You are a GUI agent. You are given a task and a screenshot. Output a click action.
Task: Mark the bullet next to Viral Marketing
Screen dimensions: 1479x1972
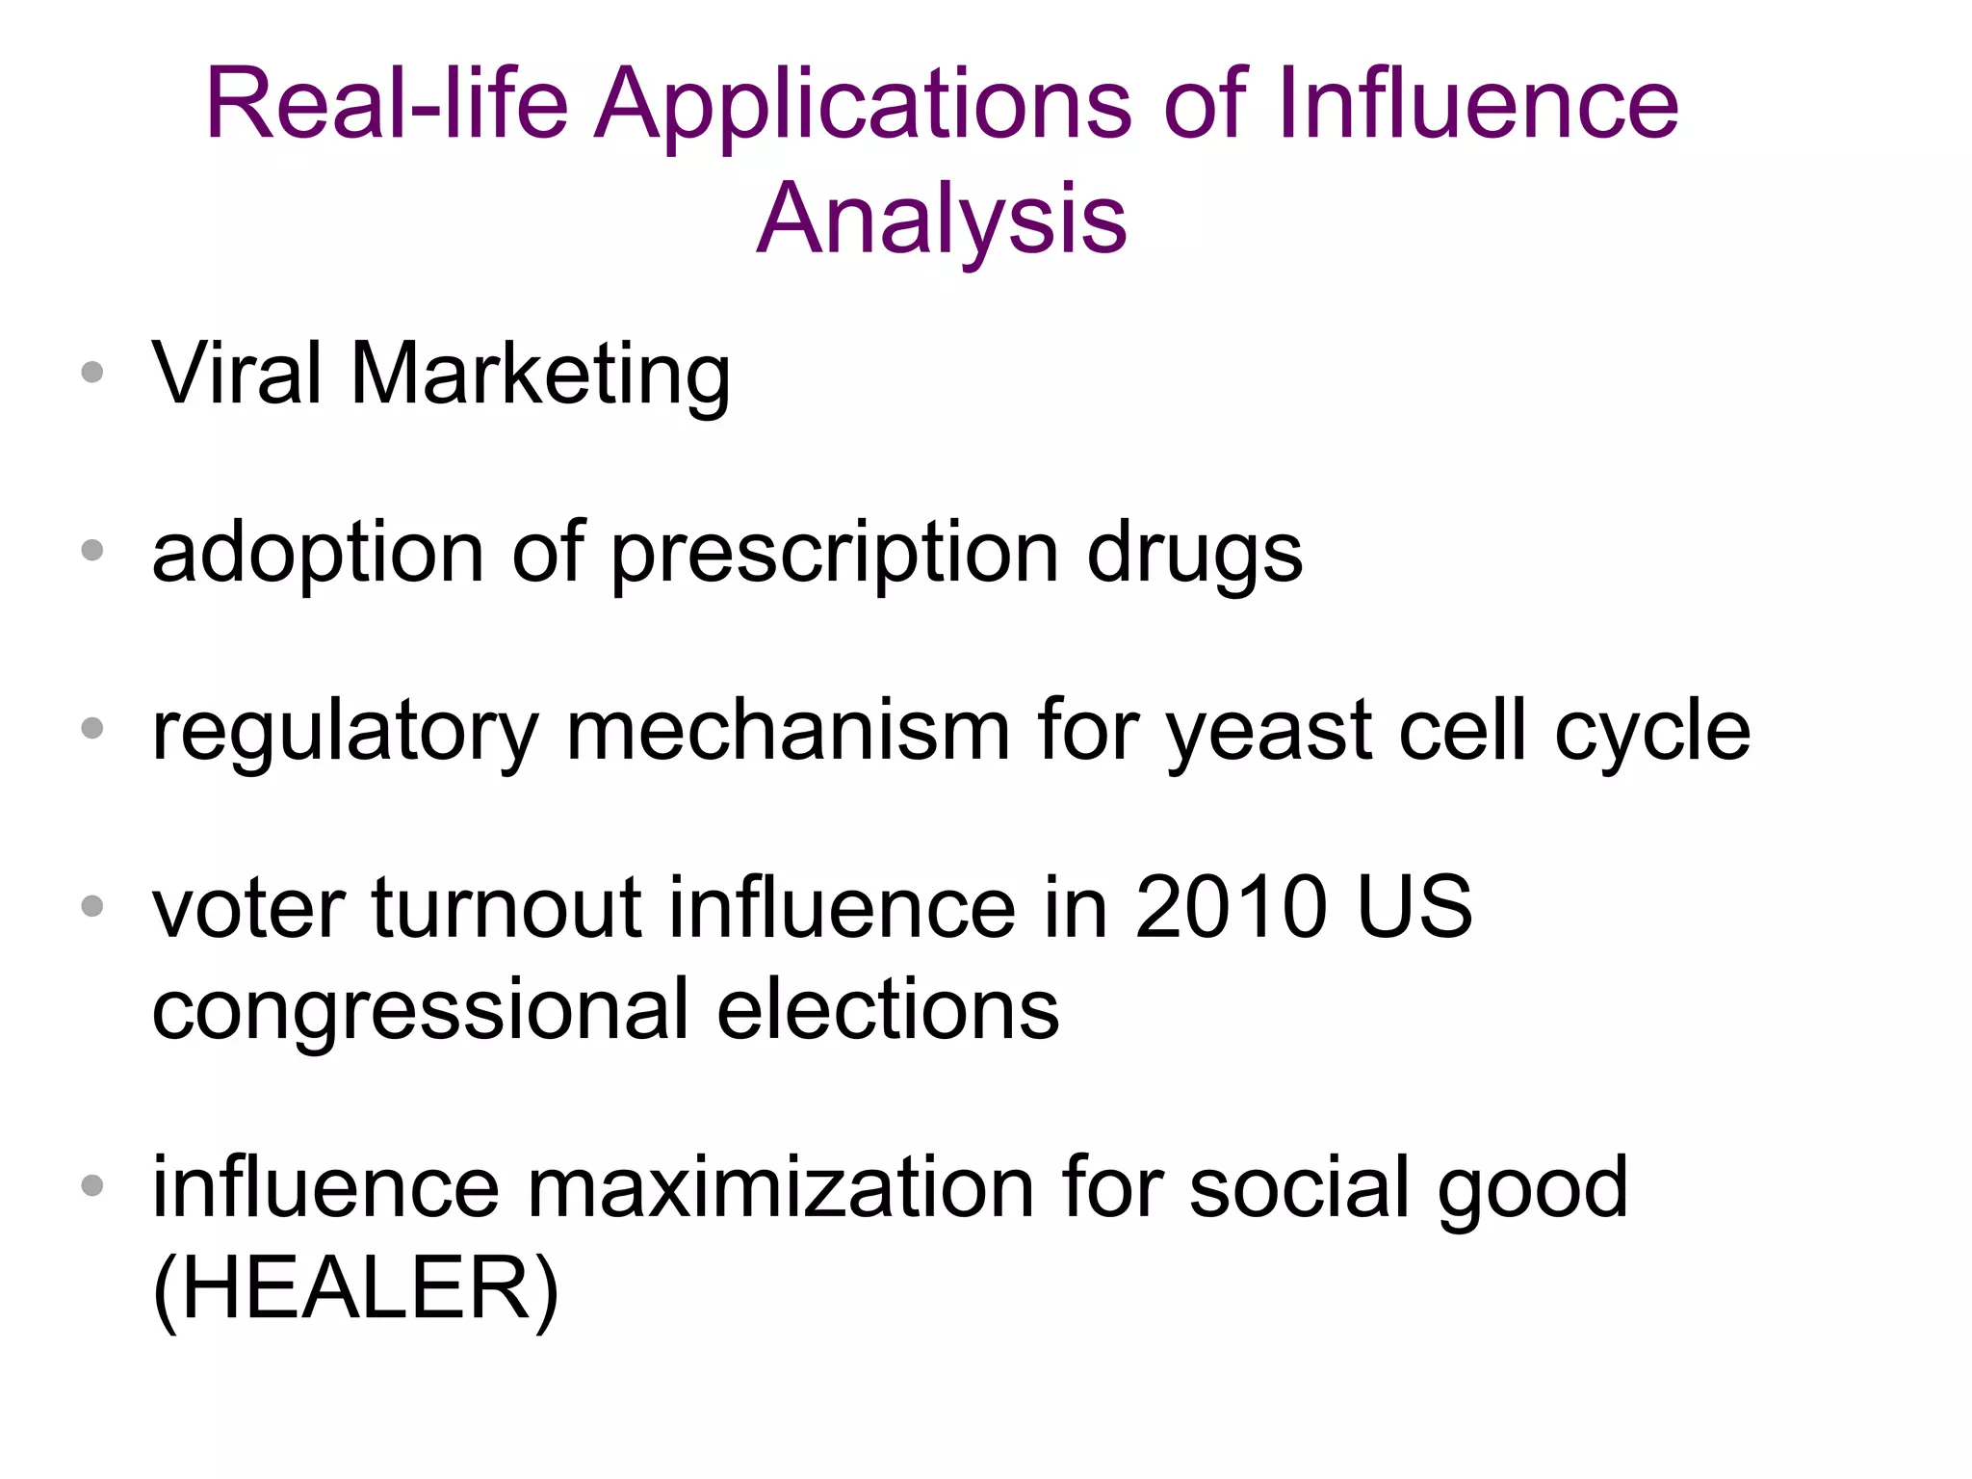(92, 373)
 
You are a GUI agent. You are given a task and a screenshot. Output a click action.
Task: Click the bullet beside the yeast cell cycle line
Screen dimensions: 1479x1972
(92, 728)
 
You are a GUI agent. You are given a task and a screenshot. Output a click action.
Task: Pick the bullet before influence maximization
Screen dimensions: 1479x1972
(92, 1185)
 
